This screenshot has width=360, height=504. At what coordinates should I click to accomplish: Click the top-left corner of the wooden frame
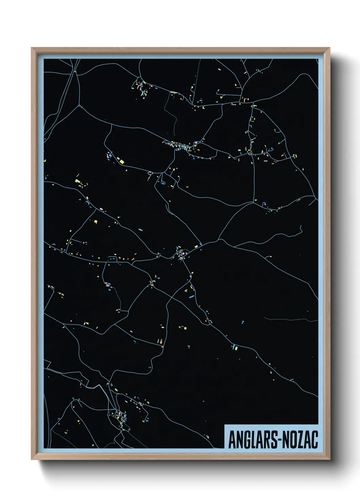pos(32,48)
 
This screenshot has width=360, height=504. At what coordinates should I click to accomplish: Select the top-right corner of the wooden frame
pos(329,48)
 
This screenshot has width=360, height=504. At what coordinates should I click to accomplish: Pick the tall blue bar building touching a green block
pos(234,347)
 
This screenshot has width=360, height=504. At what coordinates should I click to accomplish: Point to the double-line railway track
pos(67,89)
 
